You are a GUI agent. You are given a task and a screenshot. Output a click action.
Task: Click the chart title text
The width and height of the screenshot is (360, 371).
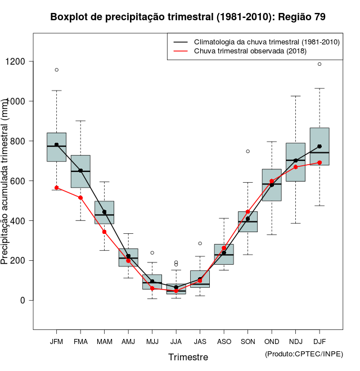(188, 17)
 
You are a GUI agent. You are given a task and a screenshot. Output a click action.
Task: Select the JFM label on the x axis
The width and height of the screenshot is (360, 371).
(56, 341)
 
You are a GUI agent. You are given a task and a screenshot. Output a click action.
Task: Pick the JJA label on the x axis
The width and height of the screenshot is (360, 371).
(176, 341)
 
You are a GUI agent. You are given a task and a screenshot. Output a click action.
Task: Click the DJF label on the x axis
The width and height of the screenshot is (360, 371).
(319, 341)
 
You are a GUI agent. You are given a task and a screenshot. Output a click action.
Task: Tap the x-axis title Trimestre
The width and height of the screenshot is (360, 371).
(188, 357)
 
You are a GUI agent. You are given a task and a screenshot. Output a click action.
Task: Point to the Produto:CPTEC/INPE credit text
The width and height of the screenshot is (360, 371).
(304, 354)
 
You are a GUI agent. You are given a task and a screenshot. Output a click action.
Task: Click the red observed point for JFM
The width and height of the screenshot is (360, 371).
(56, 188)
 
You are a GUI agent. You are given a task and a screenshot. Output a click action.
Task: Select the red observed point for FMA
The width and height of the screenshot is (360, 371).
(80, 197)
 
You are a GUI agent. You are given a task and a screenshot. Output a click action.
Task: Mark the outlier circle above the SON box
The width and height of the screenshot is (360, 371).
(247, 151)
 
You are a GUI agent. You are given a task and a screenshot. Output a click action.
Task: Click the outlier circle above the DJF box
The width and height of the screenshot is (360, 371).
(319, 64)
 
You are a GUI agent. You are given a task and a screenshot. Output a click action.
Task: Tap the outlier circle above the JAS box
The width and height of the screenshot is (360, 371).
(200, 243)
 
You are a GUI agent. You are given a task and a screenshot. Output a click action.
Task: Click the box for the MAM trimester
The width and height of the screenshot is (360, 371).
(104, 212)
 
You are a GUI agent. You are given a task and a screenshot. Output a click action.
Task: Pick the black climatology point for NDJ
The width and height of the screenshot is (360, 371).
(295, 160)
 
